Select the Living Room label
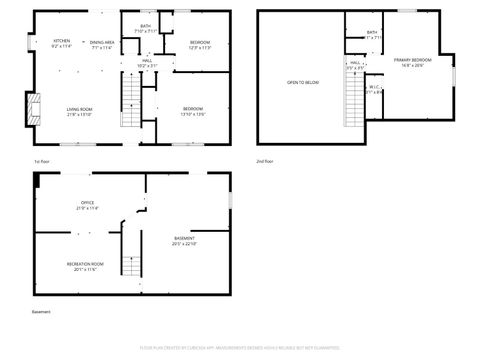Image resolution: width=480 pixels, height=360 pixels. (80, 111)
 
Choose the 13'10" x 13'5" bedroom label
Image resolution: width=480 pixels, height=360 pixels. (193, 111)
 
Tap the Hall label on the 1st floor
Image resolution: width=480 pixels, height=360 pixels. (146, 63)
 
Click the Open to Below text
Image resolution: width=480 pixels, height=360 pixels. (302, 82)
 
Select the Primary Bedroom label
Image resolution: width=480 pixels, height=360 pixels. (408, 63)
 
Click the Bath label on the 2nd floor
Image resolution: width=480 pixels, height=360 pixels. (372, 34)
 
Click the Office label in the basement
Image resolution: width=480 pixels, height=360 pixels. (88, 205)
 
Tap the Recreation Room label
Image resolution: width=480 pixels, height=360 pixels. (86, 266)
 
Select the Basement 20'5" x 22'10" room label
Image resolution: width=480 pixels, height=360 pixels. (184, 240)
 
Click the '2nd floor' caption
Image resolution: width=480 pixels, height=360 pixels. (265, 161)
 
